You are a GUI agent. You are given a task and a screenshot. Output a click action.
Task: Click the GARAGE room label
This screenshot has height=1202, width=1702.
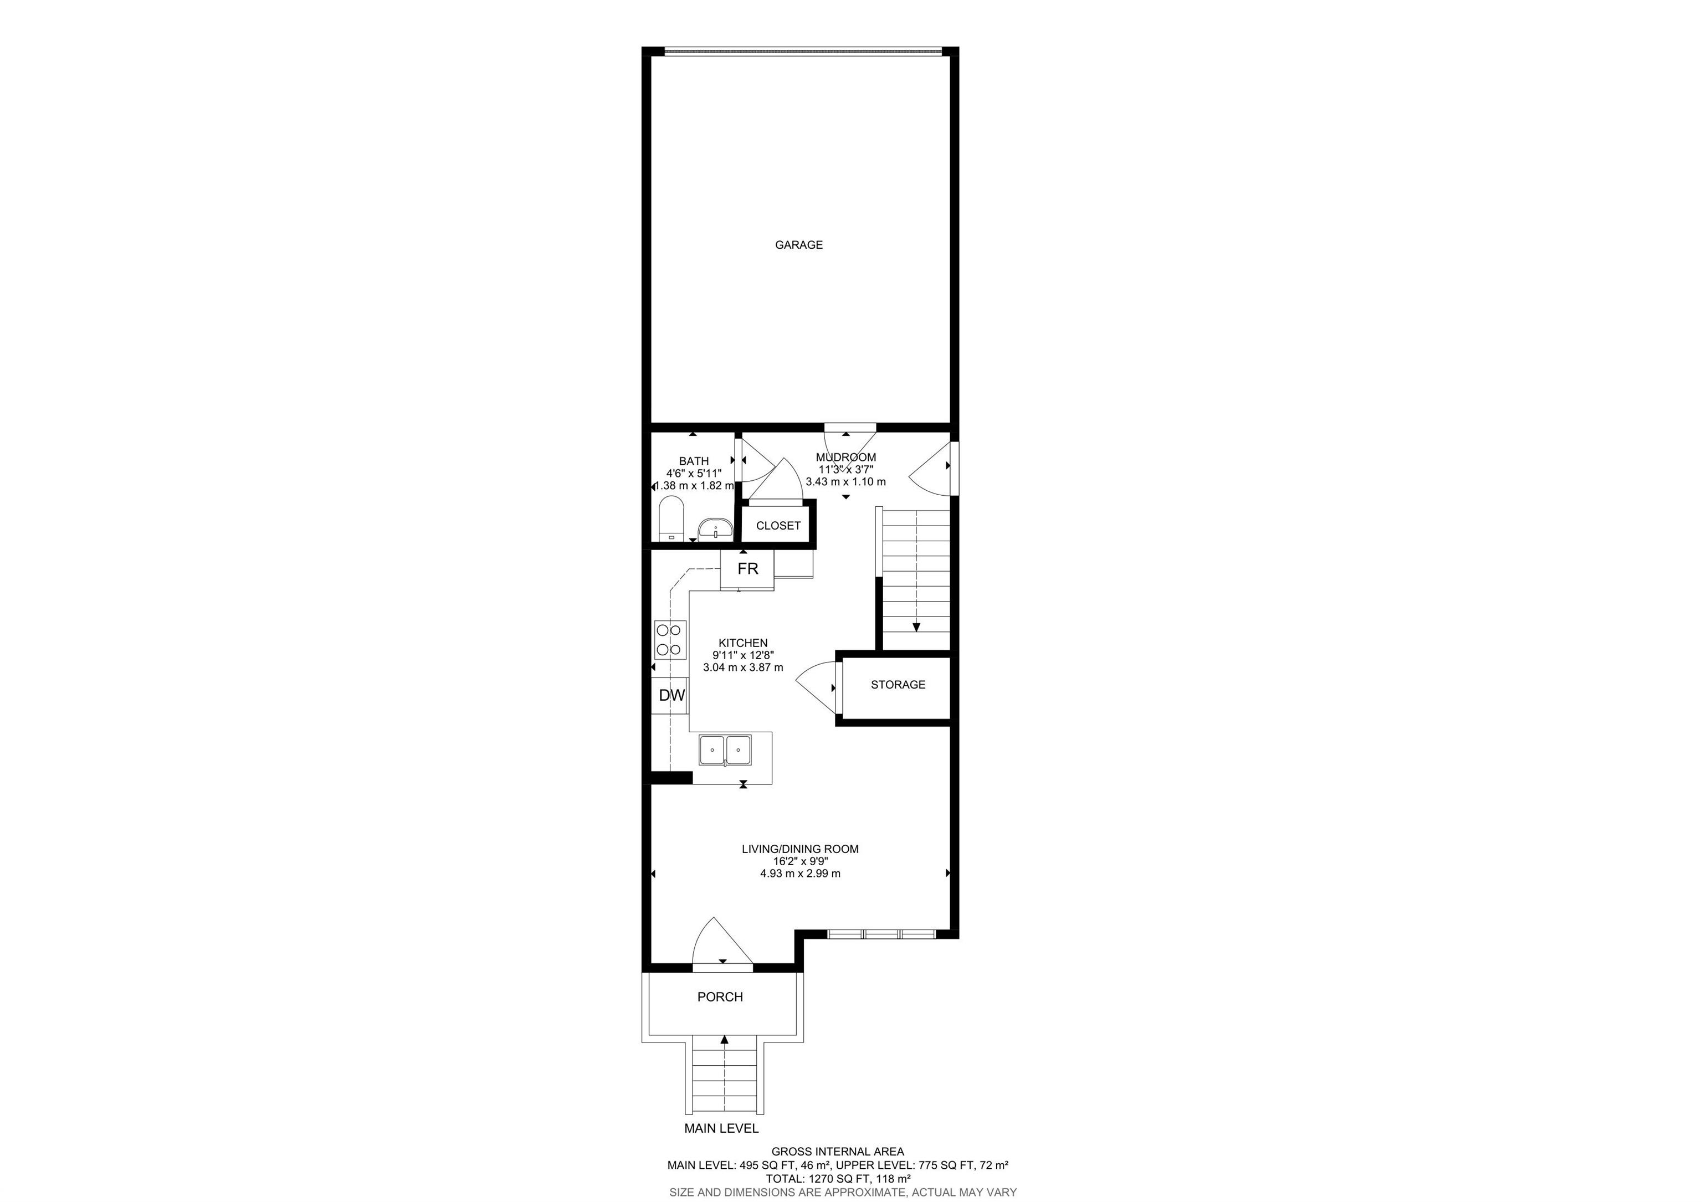[798, 244]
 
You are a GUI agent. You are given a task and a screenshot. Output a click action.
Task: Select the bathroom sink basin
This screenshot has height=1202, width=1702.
[715, 529]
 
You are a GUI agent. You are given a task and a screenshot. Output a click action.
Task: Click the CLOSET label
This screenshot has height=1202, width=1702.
[778, 526]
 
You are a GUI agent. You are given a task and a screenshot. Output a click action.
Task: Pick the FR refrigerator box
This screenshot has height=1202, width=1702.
[747, 569]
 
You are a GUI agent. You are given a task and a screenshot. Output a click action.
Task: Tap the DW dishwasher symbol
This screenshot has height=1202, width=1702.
[671, 695]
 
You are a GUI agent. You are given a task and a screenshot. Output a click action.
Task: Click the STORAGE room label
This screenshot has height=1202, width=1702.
[898, 685]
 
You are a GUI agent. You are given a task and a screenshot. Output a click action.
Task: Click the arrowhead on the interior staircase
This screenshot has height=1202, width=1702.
[916, 627]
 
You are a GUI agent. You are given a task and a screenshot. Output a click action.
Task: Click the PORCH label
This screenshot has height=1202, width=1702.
[720, 996]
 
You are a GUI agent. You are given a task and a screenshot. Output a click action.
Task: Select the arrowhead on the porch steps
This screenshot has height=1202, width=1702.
[724, 1040]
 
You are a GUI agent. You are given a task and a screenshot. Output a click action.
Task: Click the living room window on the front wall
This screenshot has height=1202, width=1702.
[881, 934]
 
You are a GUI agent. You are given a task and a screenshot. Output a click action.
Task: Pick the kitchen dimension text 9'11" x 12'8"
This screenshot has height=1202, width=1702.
[743, 655]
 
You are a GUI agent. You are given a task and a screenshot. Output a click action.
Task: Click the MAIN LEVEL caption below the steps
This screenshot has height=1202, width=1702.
[721, 1149]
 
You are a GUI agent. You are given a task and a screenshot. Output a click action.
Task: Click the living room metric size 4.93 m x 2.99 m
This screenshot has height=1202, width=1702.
[800, 874]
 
